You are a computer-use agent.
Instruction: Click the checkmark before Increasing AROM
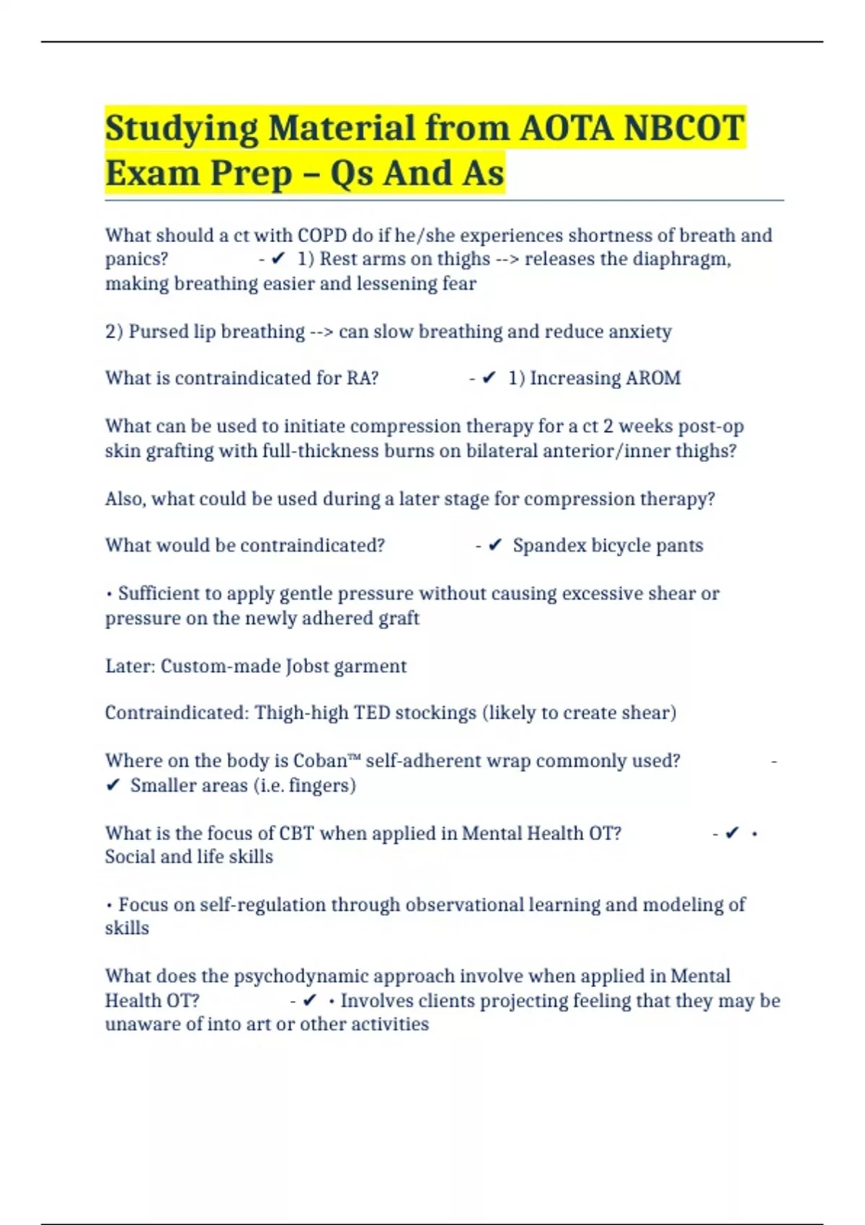489,378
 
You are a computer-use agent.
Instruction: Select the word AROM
653,378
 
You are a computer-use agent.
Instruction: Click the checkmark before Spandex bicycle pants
495,545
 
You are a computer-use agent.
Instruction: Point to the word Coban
320,761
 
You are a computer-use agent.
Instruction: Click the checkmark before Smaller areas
112,785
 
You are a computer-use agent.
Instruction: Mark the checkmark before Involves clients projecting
310,1000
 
